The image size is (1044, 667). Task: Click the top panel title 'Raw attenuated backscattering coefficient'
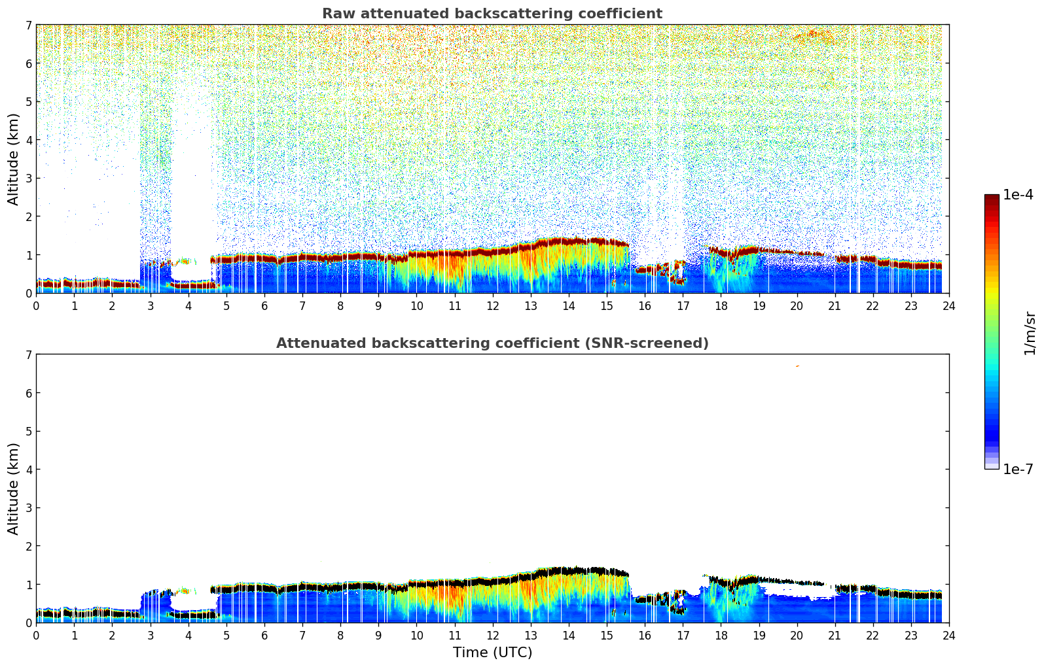coord(492,14)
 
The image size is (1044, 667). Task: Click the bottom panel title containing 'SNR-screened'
coord(492,343)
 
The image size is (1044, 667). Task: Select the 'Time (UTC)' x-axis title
coord(492,653)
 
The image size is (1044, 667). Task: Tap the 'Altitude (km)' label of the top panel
coord(14,159)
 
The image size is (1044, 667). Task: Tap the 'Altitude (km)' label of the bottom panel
coord(14,488)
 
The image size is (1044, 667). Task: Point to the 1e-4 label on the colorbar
coord(1018,195)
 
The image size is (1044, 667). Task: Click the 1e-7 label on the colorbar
coord(1018,470)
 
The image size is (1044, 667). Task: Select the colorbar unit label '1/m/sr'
coord(1030,333)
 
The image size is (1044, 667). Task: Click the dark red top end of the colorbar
coord(992,197)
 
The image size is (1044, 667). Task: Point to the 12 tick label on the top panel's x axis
coord(492,305)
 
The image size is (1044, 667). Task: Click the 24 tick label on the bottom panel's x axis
coord(948,635)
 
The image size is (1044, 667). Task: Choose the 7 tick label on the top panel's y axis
coord(28,26)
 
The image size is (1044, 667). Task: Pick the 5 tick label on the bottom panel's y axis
coord(28,432)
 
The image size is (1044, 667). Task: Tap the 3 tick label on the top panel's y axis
coord(28,179)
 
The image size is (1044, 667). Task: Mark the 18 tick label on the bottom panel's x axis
coord(721,635)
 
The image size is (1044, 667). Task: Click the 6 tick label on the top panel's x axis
coord(264,305)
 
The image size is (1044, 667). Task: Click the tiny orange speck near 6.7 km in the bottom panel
coord(797,366)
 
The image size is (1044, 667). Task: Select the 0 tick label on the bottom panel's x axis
coord(36,635)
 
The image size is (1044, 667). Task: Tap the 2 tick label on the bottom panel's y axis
coord(28,546)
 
